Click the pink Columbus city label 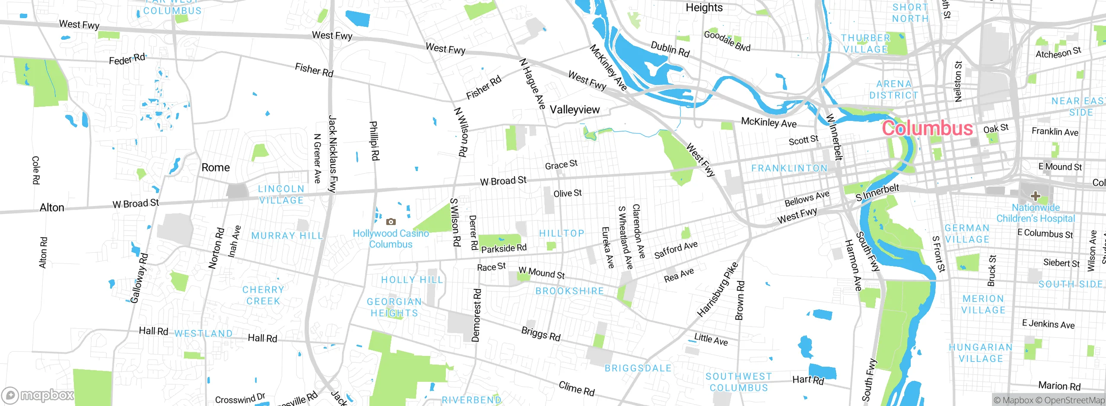click(927, 128)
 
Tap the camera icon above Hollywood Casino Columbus click(391, 222)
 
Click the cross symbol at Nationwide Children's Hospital click(1035, 196)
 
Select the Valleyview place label click(575, 110)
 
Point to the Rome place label click(216, 168)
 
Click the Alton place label click(52, 208)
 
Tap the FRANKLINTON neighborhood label click(789, 168)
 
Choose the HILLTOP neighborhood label click(562, 233)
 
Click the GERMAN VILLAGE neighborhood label click(967, 234)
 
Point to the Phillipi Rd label click(374, 141)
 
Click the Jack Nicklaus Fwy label click(332, 153)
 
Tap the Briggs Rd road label click(540, 334)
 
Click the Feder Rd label click(127, 59)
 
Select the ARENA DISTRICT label click(893, 89)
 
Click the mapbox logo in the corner click(38, 395)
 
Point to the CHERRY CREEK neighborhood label click(263, 295)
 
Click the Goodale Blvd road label click(727, 41)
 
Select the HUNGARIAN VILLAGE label click(981, 353)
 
